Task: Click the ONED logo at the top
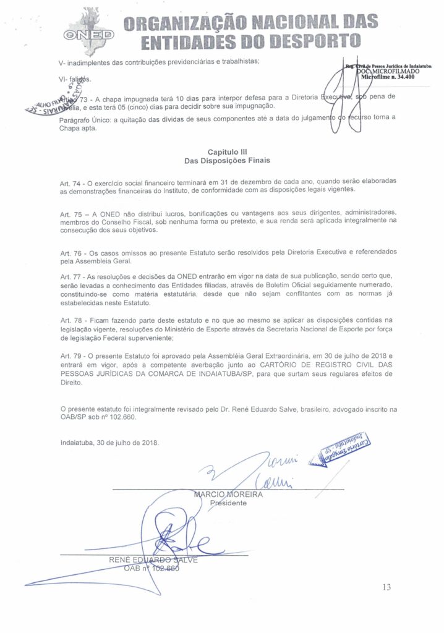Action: [x=91, y=32]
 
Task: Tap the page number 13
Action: [x=386, y=587]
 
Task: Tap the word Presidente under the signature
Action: [x=228, y=503]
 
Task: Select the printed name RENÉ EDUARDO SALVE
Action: [x=153, y=560]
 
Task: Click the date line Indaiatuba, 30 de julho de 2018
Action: [x=110, y=443]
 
